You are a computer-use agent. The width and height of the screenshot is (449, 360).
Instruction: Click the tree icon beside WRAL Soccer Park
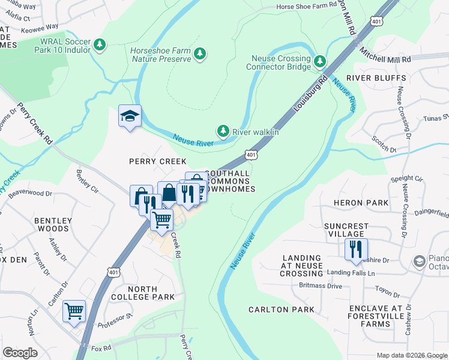(x=100, y=44)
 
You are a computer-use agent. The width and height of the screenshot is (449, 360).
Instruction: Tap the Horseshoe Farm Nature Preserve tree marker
(x=200, y=55)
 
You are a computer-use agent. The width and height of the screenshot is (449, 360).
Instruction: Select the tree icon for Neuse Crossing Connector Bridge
(x=320, y=61)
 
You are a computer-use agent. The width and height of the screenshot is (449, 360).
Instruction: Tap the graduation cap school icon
(x=130, y=116)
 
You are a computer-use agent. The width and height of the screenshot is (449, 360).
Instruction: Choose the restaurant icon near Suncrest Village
(x=356, y=249)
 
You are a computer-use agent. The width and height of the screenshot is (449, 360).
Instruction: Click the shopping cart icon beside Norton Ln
(x=74, y=311)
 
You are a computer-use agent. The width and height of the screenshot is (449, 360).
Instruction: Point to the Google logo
(x=20, y=353)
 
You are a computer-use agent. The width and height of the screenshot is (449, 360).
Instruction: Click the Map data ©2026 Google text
(x=411, y=355)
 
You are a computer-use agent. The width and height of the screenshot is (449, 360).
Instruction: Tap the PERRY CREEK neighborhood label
(x=158, y=161)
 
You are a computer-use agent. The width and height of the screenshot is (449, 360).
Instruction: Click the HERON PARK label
(x=364, y=203)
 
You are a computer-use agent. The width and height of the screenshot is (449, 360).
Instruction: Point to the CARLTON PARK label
(x=282, y=310)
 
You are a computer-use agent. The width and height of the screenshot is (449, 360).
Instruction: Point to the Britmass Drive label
(x=320, y=286)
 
